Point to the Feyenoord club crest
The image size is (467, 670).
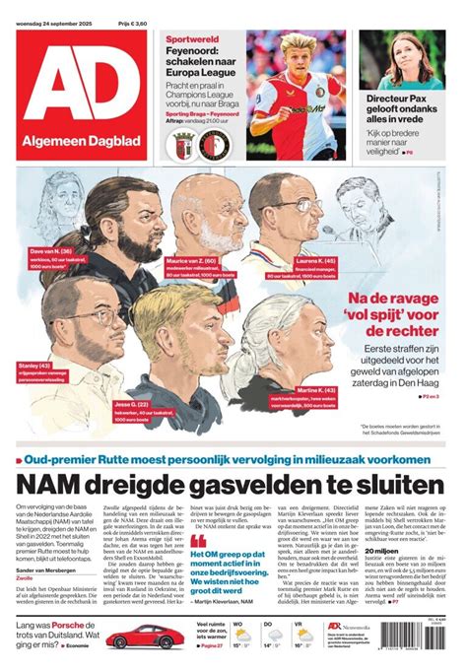coord(215,146)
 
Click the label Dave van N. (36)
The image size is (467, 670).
coord(49,251)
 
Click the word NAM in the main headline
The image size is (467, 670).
coord(48,483)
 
